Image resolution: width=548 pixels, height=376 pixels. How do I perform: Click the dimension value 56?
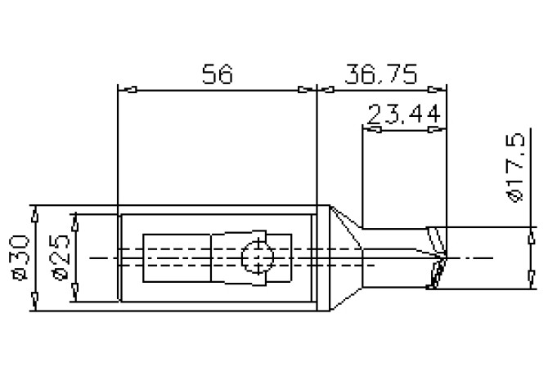coord(218,74)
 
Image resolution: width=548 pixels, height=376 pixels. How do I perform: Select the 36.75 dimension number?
coord(382,74)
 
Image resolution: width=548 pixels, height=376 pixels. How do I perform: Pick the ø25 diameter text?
coord(57,258)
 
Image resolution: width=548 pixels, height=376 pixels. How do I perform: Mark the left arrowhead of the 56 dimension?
coord(126,89)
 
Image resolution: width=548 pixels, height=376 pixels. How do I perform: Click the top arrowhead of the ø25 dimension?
coord(74,221)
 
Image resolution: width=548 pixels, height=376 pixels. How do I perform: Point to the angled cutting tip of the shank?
coord(438,257)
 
